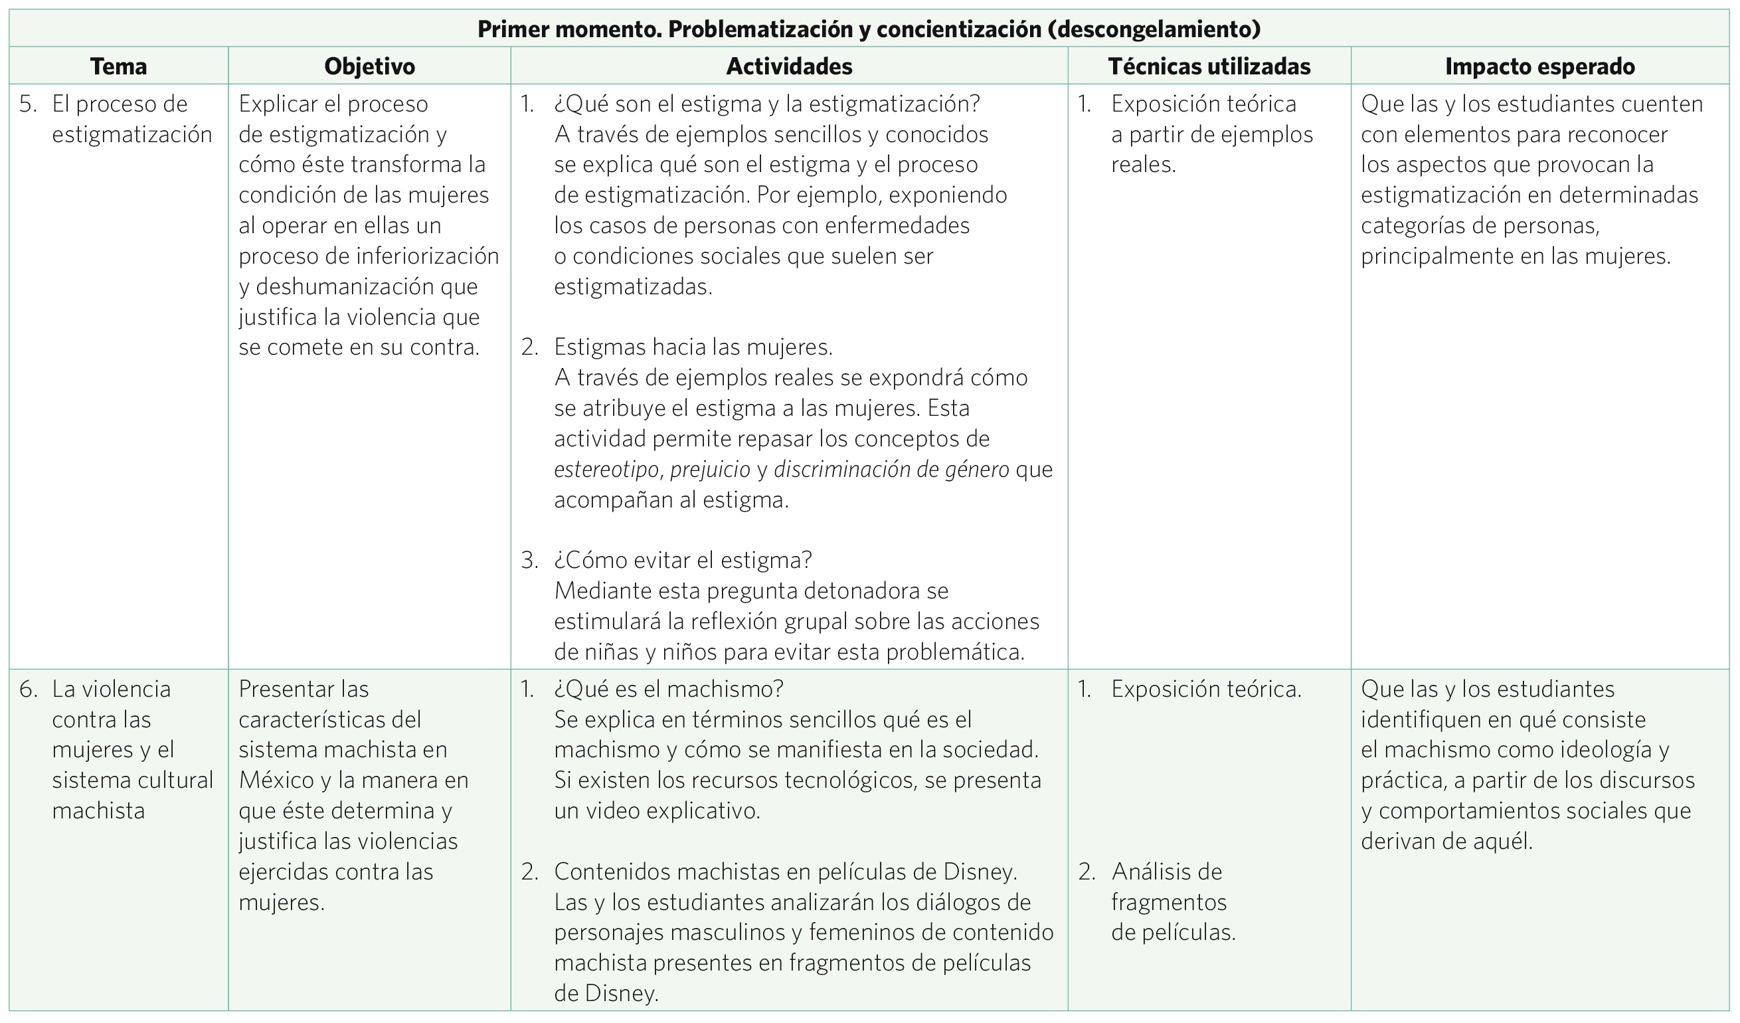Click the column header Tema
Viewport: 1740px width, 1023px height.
click(118, 66)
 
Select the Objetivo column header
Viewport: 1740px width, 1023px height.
click(369, 66)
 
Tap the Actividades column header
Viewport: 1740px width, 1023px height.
click(789, 66)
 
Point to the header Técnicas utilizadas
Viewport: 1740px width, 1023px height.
click(1209, 66)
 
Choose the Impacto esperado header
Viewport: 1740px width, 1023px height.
click(1539, 66)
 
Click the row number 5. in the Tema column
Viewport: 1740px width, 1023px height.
click(28, 104)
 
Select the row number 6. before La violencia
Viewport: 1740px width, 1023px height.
click(29, 689)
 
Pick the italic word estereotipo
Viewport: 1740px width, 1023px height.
click(606, 470)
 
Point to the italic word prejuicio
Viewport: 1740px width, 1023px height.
click(710, 470)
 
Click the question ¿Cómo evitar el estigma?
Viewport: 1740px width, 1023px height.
click(683, 560)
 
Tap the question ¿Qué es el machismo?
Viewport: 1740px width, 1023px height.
click(668, 689)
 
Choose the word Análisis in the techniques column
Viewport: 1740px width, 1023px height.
click(1167, 872)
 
